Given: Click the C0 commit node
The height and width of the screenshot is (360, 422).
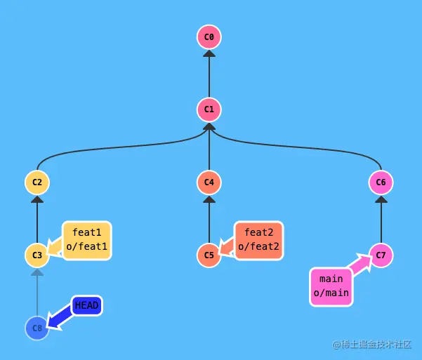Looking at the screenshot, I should click(x=209, y=36).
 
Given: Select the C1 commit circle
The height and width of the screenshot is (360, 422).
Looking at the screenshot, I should click(x=209, y=109).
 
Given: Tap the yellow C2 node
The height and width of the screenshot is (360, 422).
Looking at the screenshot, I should click(x=37, y=182).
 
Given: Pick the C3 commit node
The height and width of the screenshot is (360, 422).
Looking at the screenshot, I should click(x=37, y=255).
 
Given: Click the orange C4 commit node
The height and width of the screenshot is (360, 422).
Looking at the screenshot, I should click(x=209, y=182).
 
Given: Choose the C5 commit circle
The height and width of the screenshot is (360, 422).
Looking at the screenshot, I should click(x=209, y=255).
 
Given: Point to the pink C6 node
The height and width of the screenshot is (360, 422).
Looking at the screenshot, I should click(x=381, y=182).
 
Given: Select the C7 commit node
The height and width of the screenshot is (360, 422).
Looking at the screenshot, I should click(x=381, y=255).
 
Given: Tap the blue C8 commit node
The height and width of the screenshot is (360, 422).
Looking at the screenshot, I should click(x=37, y=328).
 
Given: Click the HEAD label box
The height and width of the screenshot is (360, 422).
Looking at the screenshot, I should click(x=86, y=305).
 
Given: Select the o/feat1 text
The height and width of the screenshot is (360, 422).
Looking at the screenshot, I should click(x=87, y=246).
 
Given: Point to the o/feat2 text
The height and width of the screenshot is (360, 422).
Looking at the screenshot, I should click(x=259, y=246).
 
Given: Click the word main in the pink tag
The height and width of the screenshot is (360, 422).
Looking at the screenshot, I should click(x=331, y=279).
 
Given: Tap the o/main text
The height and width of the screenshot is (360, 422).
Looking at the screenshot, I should click(x=331, y=294).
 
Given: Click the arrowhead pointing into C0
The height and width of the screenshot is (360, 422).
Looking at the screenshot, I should click(x=209, y=53).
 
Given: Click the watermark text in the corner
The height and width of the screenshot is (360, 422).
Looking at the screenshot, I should click(x=371, y=345).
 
